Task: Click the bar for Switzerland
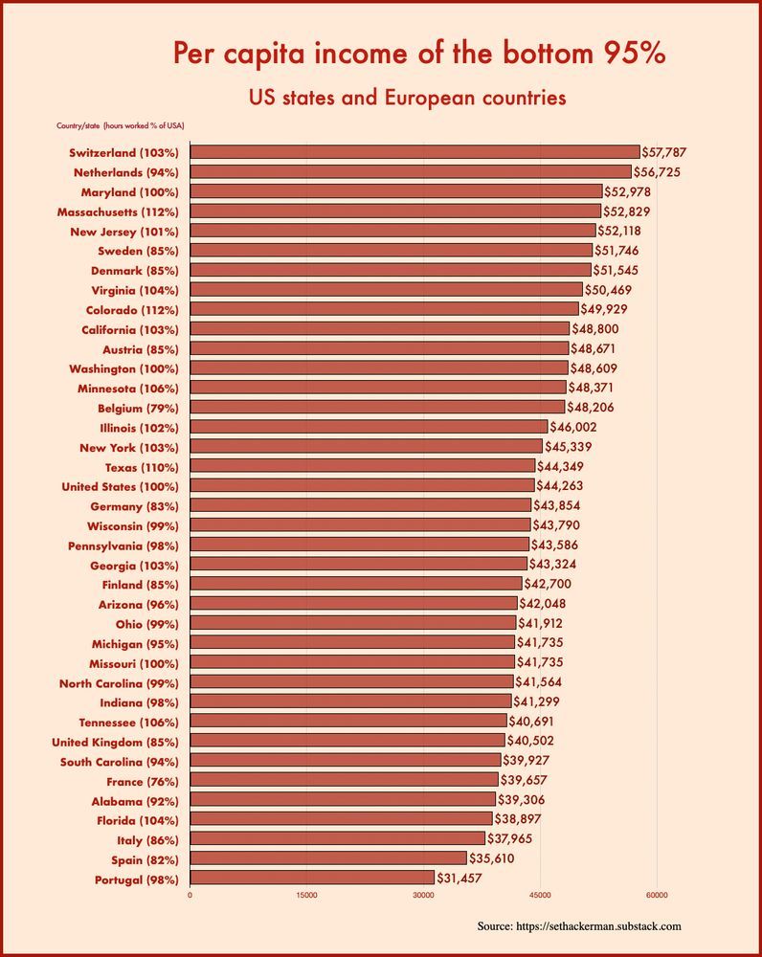click(415, 152)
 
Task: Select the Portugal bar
click(312, 878)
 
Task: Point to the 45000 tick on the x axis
click(540, 895)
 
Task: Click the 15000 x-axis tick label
click(306, 895)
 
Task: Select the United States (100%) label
click(123, 486)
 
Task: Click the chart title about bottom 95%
click(419, 55)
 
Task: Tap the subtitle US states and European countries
click(407, 98)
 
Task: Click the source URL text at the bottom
click(579, 926)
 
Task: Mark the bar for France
click(344, 780)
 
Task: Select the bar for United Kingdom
click(347, 741)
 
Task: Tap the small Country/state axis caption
click(121, 125)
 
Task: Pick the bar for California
click(380, 329)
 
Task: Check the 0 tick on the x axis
click(190, 895)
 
